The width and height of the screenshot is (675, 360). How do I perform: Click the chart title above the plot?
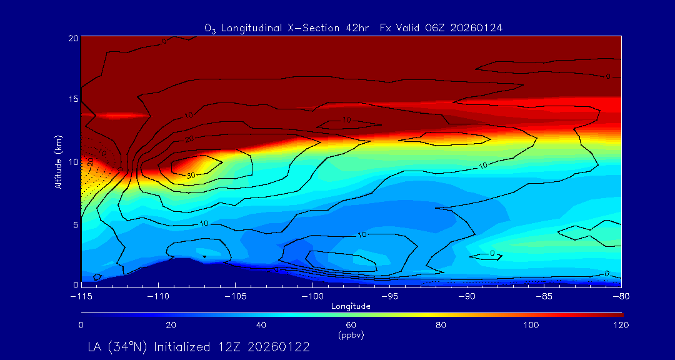(x=354, y=28)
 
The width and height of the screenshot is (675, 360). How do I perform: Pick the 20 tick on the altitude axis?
(x=72, y=38)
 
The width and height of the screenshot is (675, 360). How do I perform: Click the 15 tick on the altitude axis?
(x=72, y=99)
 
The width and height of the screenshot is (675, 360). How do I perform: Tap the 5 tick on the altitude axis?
(x=74, y=224)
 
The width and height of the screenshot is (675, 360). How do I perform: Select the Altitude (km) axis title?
(x=58, y=161)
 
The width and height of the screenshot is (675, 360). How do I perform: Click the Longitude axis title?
(x=351, y=306)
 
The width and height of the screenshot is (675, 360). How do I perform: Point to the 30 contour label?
(x=191, y=176)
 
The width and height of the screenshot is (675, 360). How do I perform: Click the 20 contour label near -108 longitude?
(x=189, y=138)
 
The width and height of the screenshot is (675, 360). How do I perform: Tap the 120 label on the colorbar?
(x=621, y=325)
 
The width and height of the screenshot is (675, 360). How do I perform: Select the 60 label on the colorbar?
(x=351, y=325)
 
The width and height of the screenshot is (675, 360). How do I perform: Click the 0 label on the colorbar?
(x=81, y=325)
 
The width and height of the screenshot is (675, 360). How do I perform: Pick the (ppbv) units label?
(x=351, y=335)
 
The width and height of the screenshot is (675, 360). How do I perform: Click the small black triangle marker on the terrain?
(x=204, y=257)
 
